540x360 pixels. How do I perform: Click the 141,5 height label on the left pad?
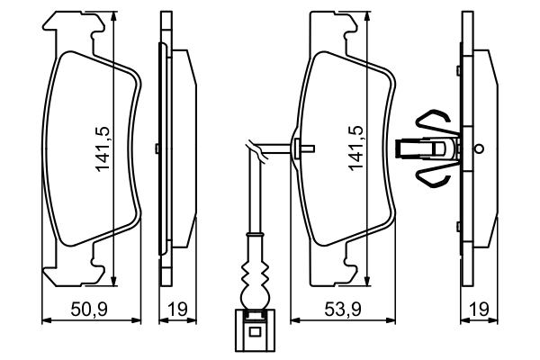coord(103,148)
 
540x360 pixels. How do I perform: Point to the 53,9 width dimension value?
coord(344,310)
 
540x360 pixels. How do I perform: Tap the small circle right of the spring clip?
coord(479,148)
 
